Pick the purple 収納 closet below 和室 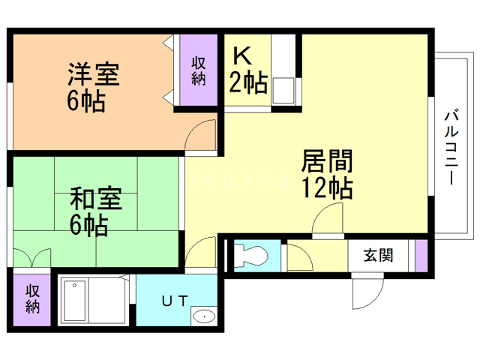pos(32,299)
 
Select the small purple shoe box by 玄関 pos(421,256)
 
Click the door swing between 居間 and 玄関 pos(325,221)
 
